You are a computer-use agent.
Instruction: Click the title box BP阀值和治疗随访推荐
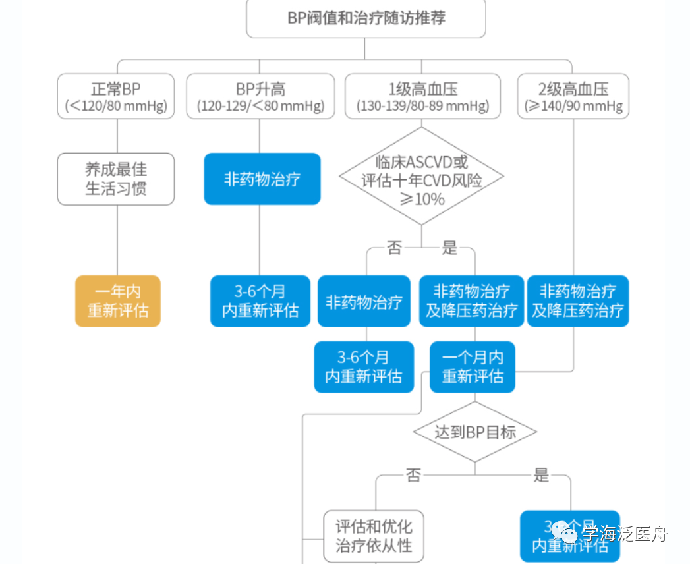tap(366, 18)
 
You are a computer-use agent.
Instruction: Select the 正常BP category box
tap(116, 96)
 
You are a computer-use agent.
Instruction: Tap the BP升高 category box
tap(260, 96)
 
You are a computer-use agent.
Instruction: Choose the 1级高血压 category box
tap(422, 96)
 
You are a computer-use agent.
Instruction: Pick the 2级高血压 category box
tap(573, 96)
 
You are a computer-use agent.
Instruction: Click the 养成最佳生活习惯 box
tap(116, 179)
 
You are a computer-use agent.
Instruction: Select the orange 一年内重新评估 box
tap(118, 301)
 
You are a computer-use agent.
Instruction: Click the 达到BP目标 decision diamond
tap(474, 432)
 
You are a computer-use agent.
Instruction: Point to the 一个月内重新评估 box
tap(473, 367)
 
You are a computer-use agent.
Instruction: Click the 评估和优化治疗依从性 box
tap(374, 536)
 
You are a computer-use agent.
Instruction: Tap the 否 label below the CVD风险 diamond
tap(393, 248)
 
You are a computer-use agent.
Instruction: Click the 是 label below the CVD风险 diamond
tap(449, 248)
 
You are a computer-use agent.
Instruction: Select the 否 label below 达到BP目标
tap(413, 475)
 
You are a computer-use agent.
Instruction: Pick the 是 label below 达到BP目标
tap(540, 475)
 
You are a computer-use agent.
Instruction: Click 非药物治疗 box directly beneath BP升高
tap(262, 179)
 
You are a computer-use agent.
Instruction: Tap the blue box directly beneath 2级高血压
tap(578, 301)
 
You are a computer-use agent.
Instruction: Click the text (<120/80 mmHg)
tap(116, 106)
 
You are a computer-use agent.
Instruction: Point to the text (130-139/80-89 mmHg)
tap(422, 106)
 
